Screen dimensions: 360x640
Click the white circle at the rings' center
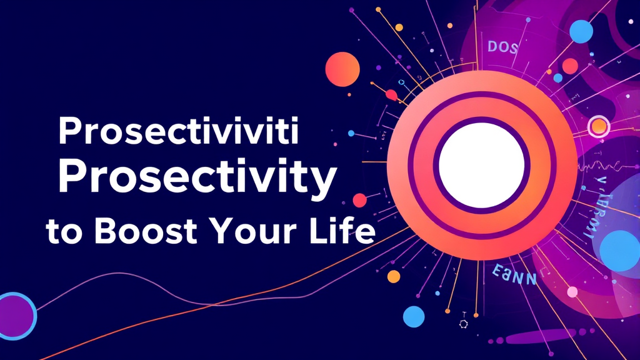tap(481, 165)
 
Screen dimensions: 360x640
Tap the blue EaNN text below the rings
tap(514, 276)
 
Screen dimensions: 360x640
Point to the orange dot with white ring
tap(599, 127)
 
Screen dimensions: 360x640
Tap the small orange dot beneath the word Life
tap(393, 276)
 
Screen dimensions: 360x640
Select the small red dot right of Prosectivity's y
tap(359, 200)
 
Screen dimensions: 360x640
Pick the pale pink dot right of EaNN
tap(571, 291)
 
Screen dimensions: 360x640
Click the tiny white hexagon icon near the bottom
tap(464, 323)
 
